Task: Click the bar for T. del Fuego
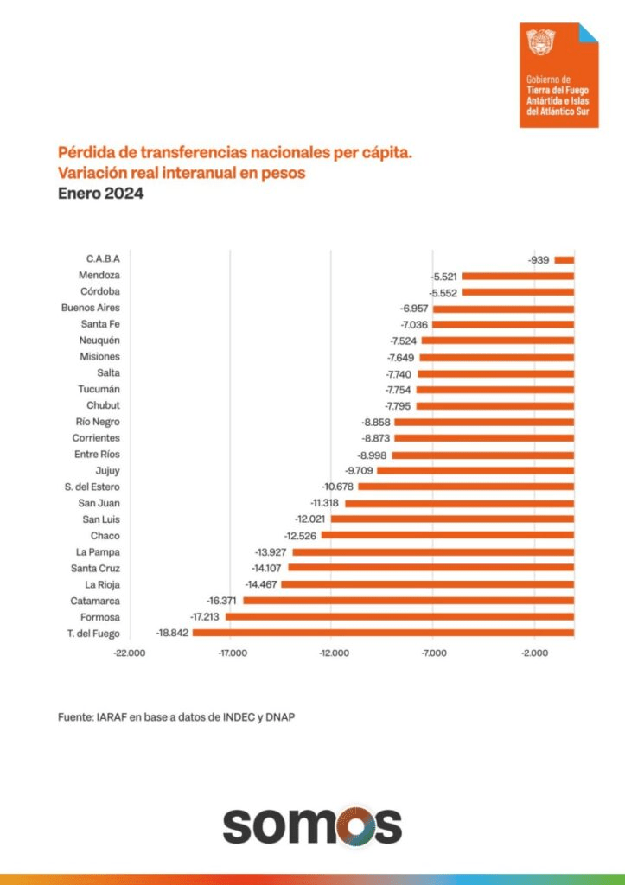[383, 634]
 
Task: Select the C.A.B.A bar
[564, 259]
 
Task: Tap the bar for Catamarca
[408, 601]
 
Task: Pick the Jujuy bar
[475, 470]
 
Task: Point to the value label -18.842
[173, 634]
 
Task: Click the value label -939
[539, 259]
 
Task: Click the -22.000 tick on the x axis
[130, 653]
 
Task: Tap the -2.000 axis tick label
[534, 653]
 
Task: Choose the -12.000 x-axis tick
[333, 653]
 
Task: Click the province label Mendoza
[99, 275]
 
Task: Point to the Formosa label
[100, 617]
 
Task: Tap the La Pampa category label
[98, 551]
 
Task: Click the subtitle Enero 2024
[100, 194]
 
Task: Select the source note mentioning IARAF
[182, 716]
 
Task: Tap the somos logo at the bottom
[312, 826]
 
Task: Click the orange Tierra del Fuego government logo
[558, 75]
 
